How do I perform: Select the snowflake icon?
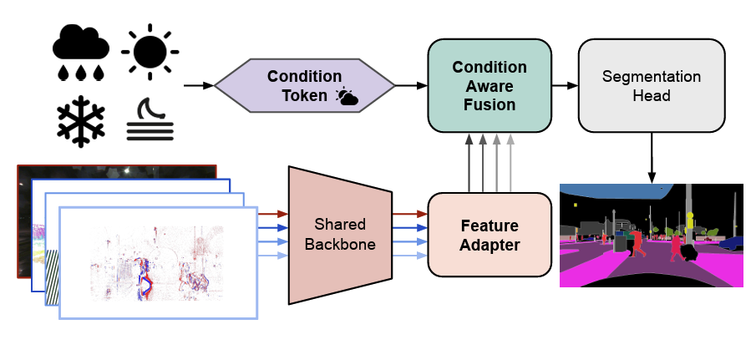click(x=81, y=120)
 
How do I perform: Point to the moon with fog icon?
click(x=150, y=121)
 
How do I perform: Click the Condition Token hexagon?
click(x=304, y=86)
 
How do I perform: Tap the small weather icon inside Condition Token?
click(x=346, y=98)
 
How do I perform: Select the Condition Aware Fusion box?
click(x=489, y=86)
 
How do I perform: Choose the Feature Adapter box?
click(x=489, y=235)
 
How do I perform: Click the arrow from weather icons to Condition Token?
click(x=197, y=86)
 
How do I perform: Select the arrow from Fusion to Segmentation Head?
click(x=565, y=86)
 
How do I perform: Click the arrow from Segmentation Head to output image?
click(x=651, y=159)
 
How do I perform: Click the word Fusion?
click(x=489, y=105)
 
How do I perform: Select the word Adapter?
click(x=489, y=246)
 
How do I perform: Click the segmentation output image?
click(x=651, y=236)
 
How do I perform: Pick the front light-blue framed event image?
click(x=158, y=263)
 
